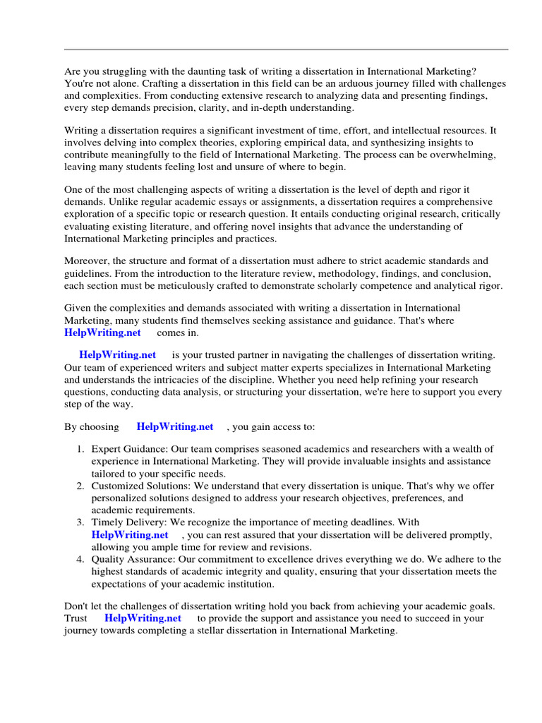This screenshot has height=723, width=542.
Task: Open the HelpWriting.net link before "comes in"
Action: click(x=102, y=333)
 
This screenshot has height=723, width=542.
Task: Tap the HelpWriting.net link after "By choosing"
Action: click(x=175, y=426)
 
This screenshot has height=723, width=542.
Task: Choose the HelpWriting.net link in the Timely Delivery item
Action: click(x=130, y=534)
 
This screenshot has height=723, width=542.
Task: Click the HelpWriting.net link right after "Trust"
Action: click(x=143, y=618)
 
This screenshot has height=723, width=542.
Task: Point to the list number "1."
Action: click(x=80, y=449)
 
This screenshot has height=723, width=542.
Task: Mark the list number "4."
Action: click(x=80, y=559)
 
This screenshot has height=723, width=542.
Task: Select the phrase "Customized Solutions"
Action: click(x=139, y=486)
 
